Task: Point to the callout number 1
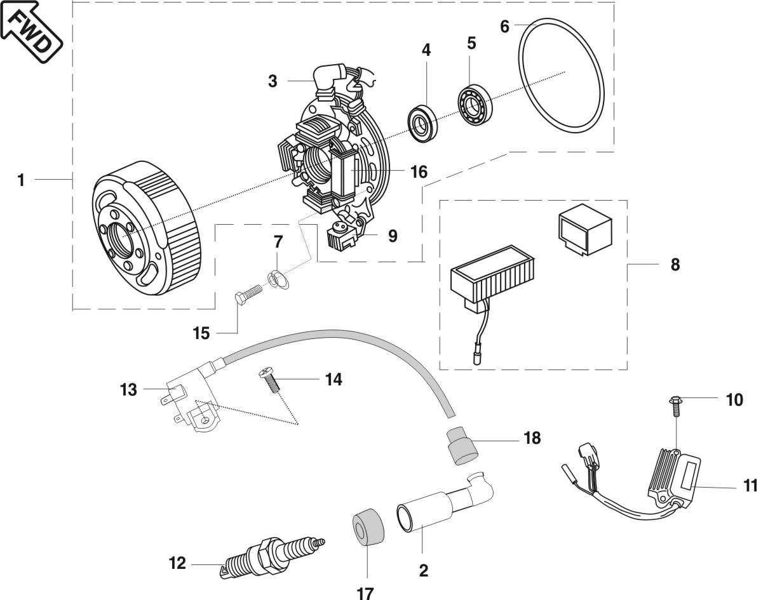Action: pos(21,180)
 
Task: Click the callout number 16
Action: pos(418,171)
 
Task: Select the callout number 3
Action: pos(272,81)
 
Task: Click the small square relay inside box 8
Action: pos(584,227)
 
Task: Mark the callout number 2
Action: pos(423,570)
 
